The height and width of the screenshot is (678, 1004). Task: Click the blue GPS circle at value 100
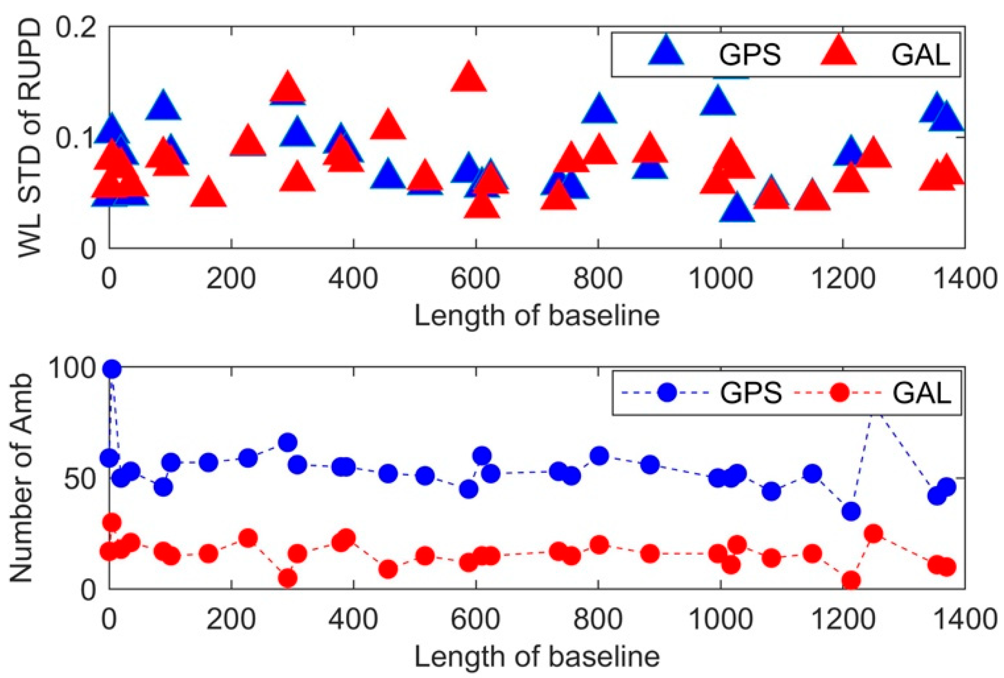pos(112,369)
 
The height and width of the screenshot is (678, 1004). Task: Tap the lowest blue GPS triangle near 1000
pos(737,209)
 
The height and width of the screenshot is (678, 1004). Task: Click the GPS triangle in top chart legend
pos(666,51)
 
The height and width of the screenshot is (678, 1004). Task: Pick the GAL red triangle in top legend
pos(839,51)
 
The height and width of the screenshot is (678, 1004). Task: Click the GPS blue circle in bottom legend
pos(667,392)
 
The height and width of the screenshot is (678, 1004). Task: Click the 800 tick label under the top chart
pos(598,279)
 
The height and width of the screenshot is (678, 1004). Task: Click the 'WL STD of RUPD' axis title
pos(30,138)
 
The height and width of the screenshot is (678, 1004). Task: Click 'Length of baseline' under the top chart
pos(537,316)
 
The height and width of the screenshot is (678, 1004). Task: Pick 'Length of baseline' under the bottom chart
pos(537,657)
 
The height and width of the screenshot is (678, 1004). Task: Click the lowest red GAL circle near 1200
pos(851,580)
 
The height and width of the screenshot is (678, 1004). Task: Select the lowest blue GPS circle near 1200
pos(851,511)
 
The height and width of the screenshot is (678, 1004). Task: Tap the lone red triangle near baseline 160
pos(208,192)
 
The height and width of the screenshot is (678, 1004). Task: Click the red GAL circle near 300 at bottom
pos(288,578)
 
